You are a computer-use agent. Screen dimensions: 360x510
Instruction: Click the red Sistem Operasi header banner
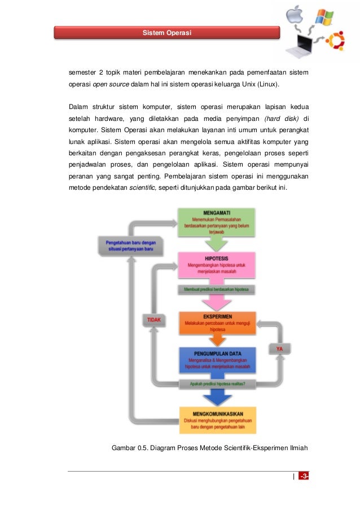[167, 32]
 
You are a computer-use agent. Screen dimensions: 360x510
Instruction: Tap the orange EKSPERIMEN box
[216, 322]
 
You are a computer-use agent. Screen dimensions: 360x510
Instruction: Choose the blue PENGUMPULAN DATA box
[216, 359]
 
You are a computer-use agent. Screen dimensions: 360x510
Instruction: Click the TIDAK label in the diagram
[154, 320]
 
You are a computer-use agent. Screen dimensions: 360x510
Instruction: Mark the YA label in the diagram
[279, 349]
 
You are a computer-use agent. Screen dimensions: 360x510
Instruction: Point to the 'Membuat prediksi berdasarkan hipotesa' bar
[216, 290]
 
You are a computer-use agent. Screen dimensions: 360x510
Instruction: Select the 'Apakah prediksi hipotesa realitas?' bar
[216, 385]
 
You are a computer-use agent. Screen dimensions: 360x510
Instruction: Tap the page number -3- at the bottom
[304, 476]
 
